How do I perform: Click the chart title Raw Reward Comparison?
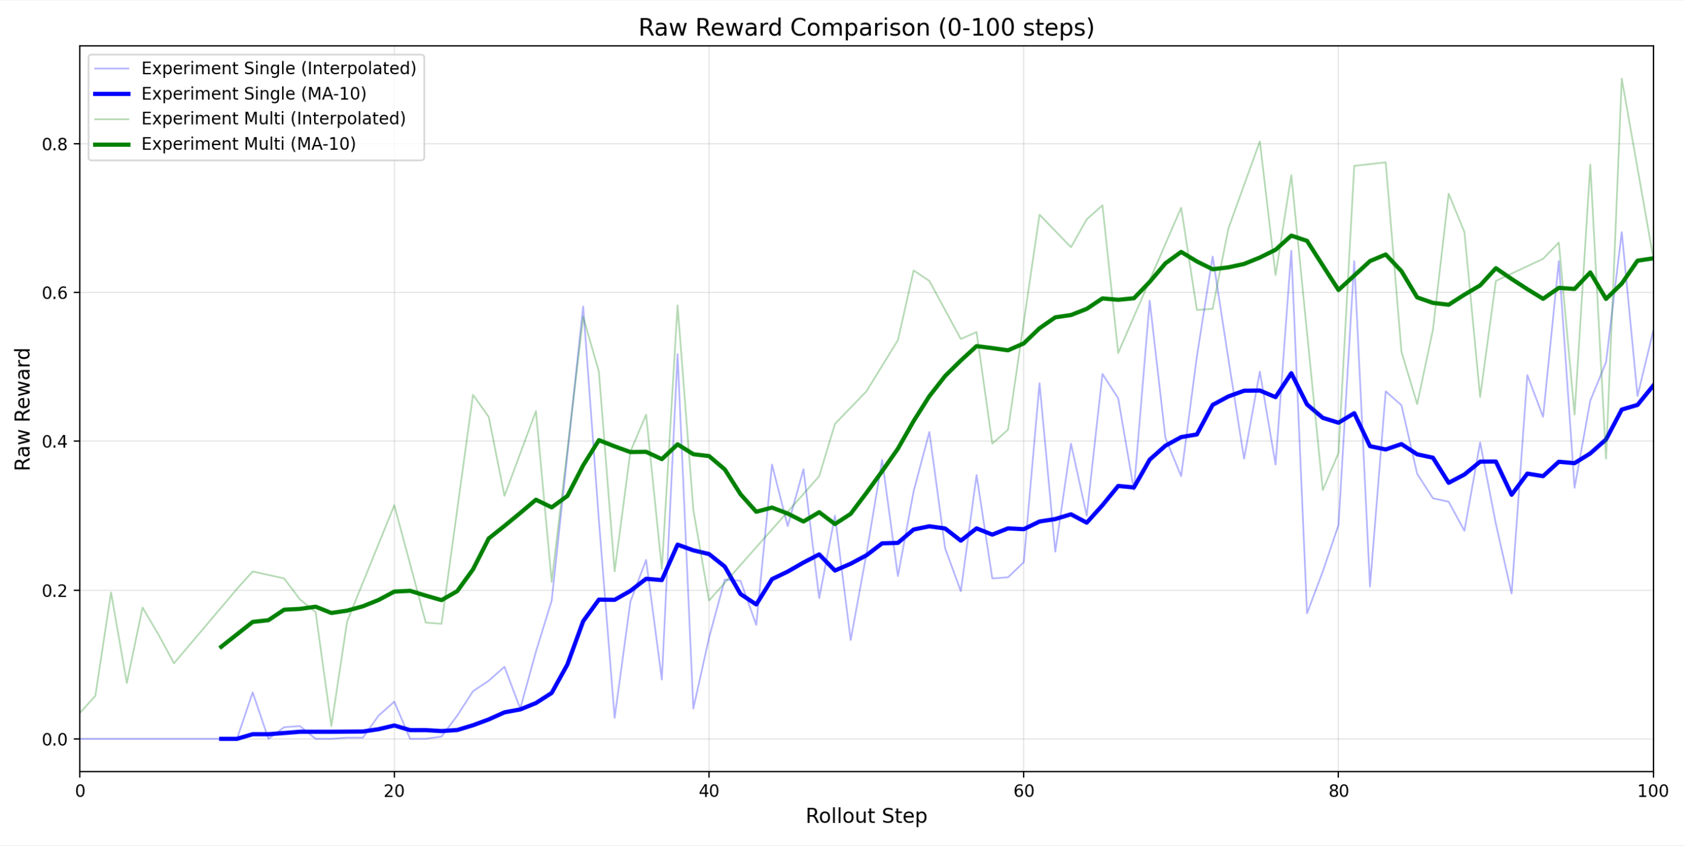(x=866, y=28)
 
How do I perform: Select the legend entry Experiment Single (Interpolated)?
(x=278, y=69)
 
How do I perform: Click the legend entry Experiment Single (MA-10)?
(x=254, y=93)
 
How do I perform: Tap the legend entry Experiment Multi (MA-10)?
(x=249, y=144)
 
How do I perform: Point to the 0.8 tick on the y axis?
(x=56, y=144)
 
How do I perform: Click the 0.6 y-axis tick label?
(x=56, y=293)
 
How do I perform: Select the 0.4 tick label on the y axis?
(x=56, y=441)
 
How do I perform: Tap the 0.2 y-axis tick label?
(x=56, y=591)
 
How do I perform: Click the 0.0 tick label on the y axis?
(x=56, y=739)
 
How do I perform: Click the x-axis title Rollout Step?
(x=866, y=816)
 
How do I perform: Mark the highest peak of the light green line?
(x=1621, y=79)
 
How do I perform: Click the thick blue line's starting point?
(x=221, y=738)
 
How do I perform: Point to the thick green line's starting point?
(x=221, y=647)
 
